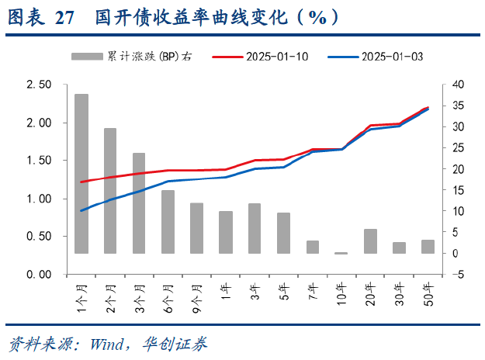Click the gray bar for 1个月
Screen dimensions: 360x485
[81, 174]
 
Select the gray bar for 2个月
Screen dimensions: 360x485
[110, 191]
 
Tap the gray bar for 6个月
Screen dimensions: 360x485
[168, 222]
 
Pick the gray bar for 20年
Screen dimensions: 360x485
[370, 241]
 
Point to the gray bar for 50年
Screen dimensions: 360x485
[428, 247]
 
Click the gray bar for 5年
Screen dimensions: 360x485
[283, 233]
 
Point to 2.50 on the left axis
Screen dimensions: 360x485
[39, 85]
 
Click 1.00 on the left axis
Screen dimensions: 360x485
[39, 199]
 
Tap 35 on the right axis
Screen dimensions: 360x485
[459, 106]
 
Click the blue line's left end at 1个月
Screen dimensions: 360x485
[81, 210]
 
